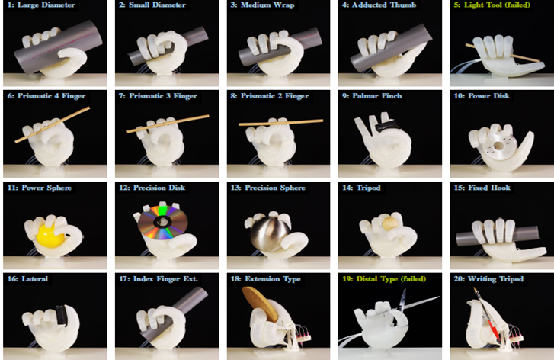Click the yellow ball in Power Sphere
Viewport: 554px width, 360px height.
pyautogui.click(x=49, y=234)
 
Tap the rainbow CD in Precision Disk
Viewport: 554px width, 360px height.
pyautogui.click(x=163, y=221)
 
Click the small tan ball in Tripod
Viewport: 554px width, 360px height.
pyautogui.click(x=389, y=223)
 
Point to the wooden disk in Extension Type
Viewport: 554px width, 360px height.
pyautogui.click(x=261, y=304)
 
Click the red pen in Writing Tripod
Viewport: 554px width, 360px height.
pyautogui.click(x=488, y=316)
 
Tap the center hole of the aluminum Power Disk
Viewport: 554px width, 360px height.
pyautogui.click(x=498, y=146)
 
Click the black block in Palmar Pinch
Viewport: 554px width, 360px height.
pyautogui.click(x=387, y=124)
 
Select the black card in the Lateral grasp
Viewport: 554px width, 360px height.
pyautogui.click(x=61, y=316)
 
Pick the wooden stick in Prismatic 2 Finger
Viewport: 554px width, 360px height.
pyautogui.click(x=281, y=122)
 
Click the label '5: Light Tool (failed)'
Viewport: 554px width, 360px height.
pyautogui.click(x=492, y=5)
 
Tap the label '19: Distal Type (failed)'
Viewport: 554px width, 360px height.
pyautogui.click(x=384, y=278)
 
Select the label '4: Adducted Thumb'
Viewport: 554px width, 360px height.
pyautogui.click(x=379, y=5)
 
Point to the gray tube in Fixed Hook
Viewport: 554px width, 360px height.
pyautogui.click(x=498, y=236)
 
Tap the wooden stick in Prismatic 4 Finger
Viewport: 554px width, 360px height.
pyautogui.click(x=53, y=125)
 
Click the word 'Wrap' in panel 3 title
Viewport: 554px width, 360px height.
pyautogui.click(x=284, y=5)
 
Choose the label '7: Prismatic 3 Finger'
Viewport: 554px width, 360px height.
pyautogui.click(x=158, y=96)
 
